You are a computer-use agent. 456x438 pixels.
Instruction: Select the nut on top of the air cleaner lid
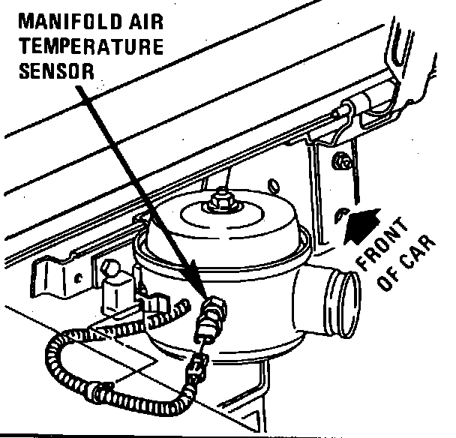click(x=221, y=199)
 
